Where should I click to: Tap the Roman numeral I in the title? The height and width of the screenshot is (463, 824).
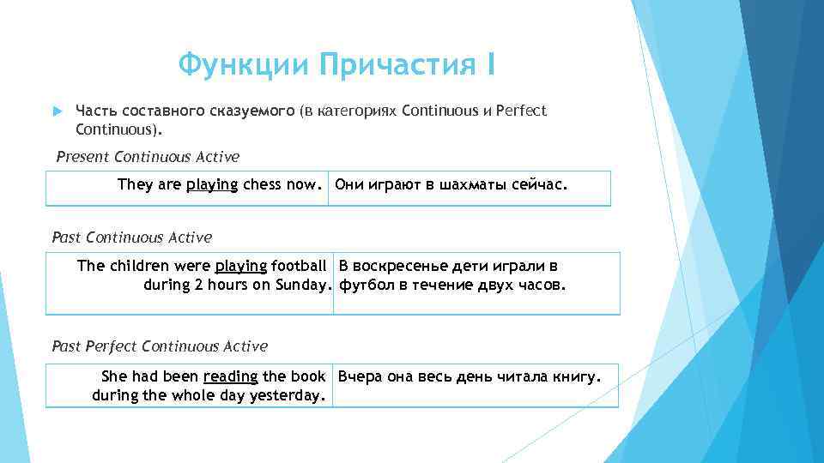click(x=490, y=64)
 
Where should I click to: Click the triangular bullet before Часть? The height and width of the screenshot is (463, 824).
click(x=58, y=111)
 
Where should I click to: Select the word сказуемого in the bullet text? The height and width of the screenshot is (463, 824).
click(x=255, y=111)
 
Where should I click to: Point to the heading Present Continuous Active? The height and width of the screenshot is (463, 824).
click(x=148, y=157)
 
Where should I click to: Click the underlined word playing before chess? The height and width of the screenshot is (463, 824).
click(x=211, y=183)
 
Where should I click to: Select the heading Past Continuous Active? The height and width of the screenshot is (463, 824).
click(x=132, y=237)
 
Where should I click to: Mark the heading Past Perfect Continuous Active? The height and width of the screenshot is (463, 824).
click(x=160, y=346)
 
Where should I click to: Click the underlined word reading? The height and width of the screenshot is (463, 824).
click(x=231, y=376)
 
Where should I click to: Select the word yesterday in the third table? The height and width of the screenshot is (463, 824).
click(x=287, y=395)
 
